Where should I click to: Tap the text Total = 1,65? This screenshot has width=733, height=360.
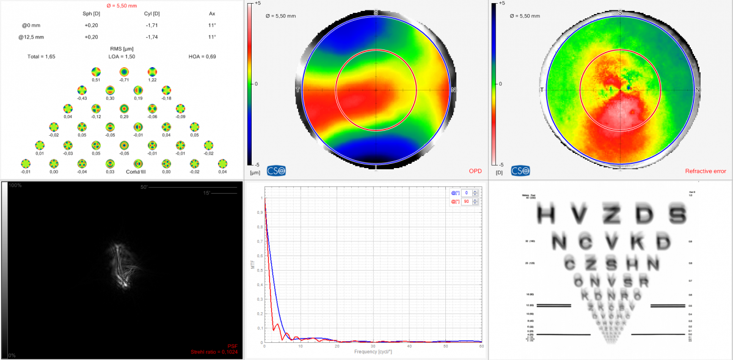(x=41, y=56)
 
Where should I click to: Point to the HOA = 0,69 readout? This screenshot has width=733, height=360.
(x=203, y=56)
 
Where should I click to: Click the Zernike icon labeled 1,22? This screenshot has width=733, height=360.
(x=152, y=72)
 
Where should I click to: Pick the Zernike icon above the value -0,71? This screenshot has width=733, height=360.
(x=124, y=72)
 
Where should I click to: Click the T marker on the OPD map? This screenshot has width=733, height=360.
(x=297, y=90)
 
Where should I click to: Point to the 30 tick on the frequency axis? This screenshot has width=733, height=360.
(x=373, y=347)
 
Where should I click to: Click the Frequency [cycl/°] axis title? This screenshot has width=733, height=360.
(x=373, y=353)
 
